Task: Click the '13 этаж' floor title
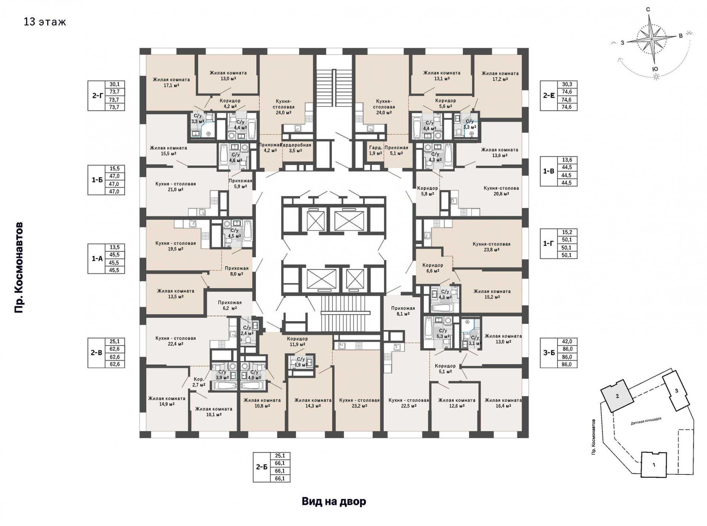pyautogui.click(x=45, y=22)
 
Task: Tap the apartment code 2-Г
pyautogui.click(x=97, y=96)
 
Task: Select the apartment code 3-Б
pyautogui.click(x=549, y=353)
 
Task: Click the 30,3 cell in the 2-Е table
pyautogui.click(x=567, y=84)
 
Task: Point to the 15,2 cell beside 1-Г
pyautogui.click(x=567, y=232)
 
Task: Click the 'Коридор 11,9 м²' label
pyautogui.click(x=297, y=342)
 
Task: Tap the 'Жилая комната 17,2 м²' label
pyautogui.click(x=500, y=76)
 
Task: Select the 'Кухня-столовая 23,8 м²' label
pyautogui.click(x=492, y=247)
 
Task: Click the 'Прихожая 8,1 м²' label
pyautogui.click(x=403, y=311)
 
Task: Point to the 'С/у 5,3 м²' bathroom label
pyautogui.click(x=443, y=334)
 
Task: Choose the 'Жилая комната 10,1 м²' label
pyautogui.click(x=214, y=412)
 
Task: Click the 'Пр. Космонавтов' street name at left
pyautogui.click(x=19, y=268)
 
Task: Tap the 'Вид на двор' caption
pyautogui.click(x=334, y=502)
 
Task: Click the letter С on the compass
pyautogui.click(x=648, y=10)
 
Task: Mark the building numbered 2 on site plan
pyautogui.click(x=618, y=396)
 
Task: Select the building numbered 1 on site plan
pyautogui.click(x=654, y=465)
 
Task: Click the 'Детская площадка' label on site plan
pyautogui.click(x=646, y=421)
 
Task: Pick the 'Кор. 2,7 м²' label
pyautogui.click(x=199, y=382)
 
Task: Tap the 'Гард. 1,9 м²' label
pyautogui.click(x=376, y=151)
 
